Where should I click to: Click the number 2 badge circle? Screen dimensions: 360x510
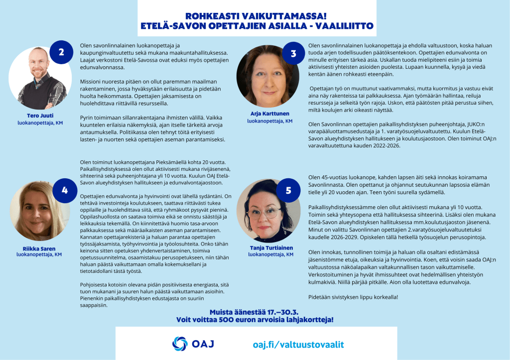[61, 53]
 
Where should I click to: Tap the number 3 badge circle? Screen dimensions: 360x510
[294, 54]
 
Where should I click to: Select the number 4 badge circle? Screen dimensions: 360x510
[65, 191]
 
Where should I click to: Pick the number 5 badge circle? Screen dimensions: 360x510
[288, 191]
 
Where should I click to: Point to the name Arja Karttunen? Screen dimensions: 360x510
[269, 114]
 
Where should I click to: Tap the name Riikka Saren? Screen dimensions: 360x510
[39, 248]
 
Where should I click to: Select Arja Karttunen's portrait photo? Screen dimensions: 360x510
[267, 77]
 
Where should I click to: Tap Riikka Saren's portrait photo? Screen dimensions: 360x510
[39, 211]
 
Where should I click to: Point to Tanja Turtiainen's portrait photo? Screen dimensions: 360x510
[267, 211]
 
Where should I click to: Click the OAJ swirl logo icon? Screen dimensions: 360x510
[180, 344]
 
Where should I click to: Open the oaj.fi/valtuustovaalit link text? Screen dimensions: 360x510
[298, 344]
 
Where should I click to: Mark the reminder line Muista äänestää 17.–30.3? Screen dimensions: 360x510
[255, 310]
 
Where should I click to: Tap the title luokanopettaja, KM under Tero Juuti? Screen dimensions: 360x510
[39, 122]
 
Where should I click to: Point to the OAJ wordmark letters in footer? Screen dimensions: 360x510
[204, 344]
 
